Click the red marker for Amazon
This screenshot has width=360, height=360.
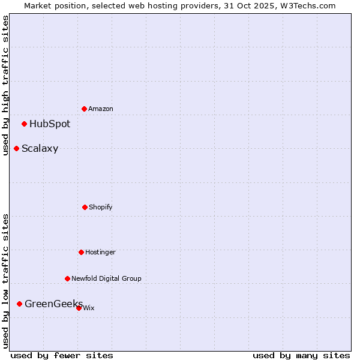pyautogui.click(x=84, y=109)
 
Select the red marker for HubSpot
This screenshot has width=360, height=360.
pyautogui.click(x=24, y=124)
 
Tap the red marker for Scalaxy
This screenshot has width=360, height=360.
pyautogui.click(x=16, y=148)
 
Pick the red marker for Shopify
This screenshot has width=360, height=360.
pyautogui.click(x=85, y=207)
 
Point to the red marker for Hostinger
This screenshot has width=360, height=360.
pyautogui.click(x=81, y=252)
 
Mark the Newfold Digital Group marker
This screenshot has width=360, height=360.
pyautogui.click(x=67, y=278)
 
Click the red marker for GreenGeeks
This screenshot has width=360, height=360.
pyautogui.click(x=19, y=304)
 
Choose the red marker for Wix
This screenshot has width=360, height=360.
pyautogui.click(x=79, y=308)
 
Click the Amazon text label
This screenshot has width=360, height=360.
pyautogui.click(x=101, y=109)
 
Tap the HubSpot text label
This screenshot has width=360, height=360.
pyautogui.click(x=50, y=124)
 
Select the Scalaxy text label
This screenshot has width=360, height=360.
pyautogui.click(x=40, y=149)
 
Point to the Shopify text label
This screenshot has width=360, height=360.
pyautogui.click(x=101, y=208)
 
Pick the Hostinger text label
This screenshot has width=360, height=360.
pyautogui.click(x=100, y=253)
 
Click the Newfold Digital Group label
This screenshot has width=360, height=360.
pyautogui.click(x=106, y=278)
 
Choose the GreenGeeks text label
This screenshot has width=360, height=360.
pyautogui.click(x=53, y=304)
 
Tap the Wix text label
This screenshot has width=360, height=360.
pyautogui.click(x=89, y=308)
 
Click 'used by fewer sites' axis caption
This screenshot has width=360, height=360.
pyautogui.click(x=62, y=356)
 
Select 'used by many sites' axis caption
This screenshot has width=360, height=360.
pyautogui.click(x=301, y=356)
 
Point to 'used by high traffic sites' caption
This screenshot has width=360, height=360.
pyautogui.click(x=6, y=86)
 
